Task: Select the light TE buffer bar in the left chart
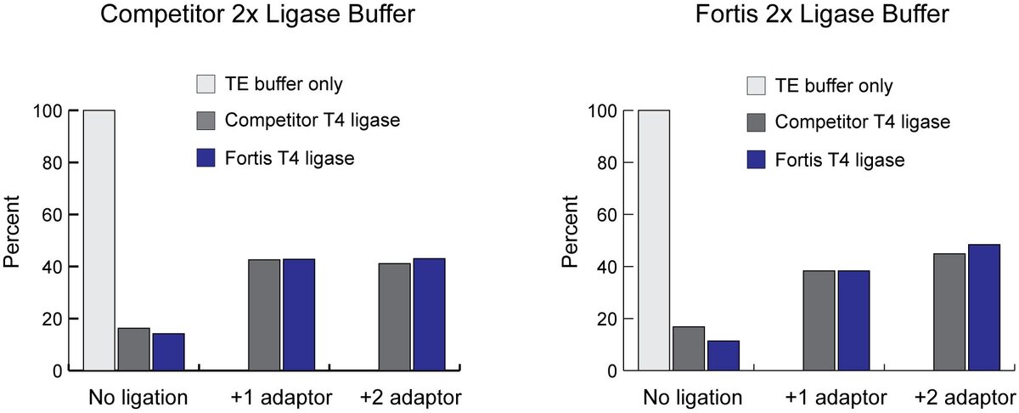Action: point(99,240)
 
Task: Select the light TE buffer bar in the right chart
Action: point(653,240)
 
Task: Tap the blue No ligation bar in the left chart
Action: point(168,352)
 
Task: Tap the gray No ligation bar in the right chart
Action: point(689,348)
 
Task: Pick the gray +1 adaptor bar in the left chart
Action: point(264,315)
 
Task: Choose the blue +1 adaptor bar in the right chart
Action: point(853,320)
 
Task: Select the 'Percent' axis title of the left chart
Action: point(12,240)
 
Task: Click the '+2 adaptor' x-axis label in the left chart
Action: point(411,397)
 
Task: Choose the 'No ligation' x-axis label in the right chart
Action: point(692,397)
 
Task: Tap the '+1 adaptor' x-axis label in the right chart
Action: point(836,397)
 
